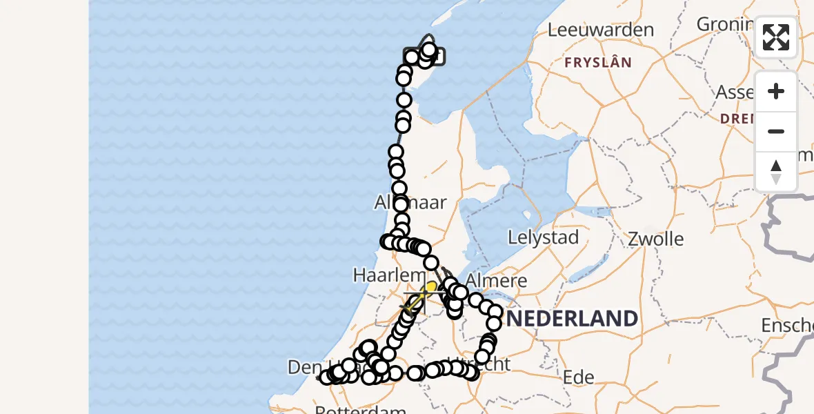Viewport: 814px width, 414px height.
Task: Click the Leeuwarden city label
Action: (x=600, y=30)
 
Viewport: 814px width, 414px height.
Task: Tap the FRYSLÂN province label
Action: (x=598, y=63)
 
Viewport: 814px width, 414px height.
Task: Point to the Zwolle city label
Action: (x=656, y=239)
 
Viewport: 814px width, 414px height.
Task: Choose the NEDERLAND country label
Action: (x=573, y=319)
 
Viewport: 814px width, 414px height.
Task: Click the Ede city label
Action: (x=579, y=377)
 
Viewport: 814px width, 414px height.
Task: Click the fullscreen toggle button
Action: (x=776, y=37)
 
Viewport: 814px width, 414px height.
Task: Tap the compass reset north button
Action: (x=776, y=172)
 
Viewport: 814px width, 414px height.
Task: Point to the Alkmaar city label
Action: (x=410, y=203)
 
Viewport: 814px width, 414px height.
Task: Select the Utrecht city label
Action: (x=486, y=364)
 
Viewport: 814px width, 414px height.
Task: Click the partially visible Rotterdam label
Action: (x=364, y=410)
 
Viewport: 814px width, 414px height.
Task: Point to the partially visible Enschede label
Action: (x=786, y=325)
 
